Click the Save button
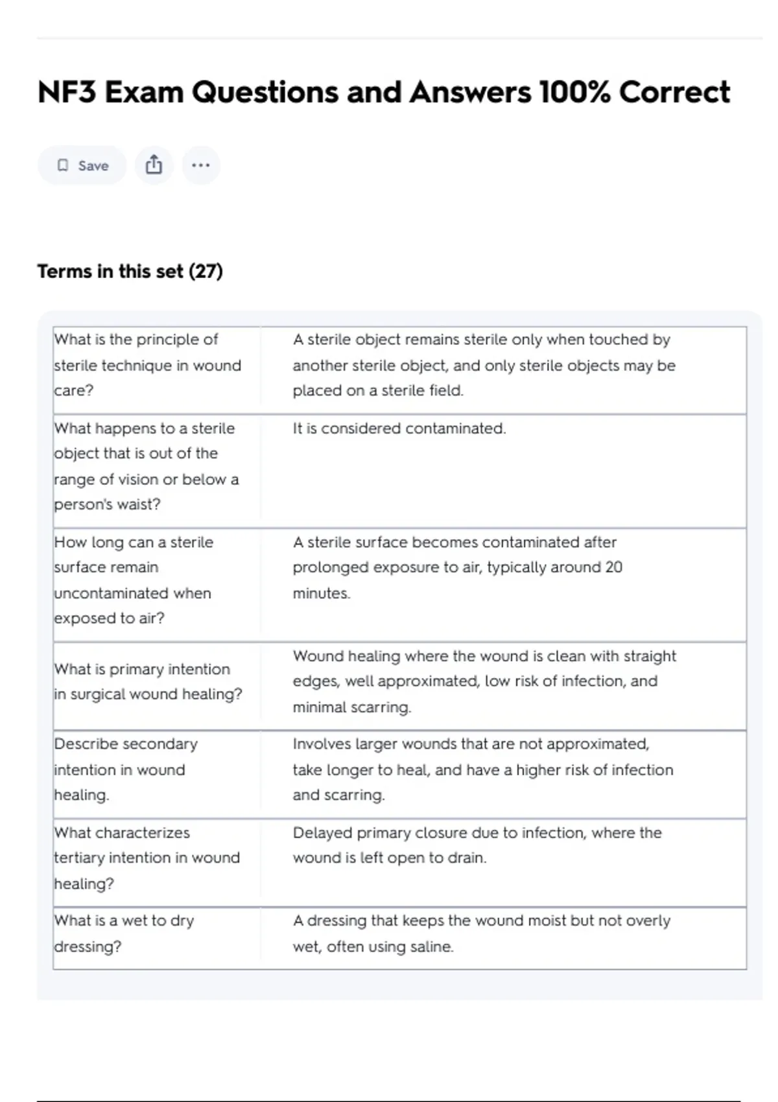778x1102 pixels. tap(82, 165)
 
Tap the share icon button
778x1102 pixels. tap(154, 165)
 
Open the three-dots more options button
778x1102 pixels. tap(201, 165)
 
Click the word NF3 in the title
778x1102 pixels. tap(67, 92)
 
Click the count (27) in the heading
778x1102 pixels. tap(206, 271)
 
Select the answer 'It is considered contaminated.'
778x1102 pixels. tap(399, 428)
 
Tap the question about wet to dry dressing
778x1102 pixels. tap(124, 933)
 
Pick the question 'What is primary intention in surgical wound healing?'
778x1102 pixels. tap(148, 681)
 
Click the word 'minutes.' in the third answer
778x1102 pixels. tap(321, 593)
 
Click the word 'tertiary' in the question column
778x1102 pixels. tap(79, 858)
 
